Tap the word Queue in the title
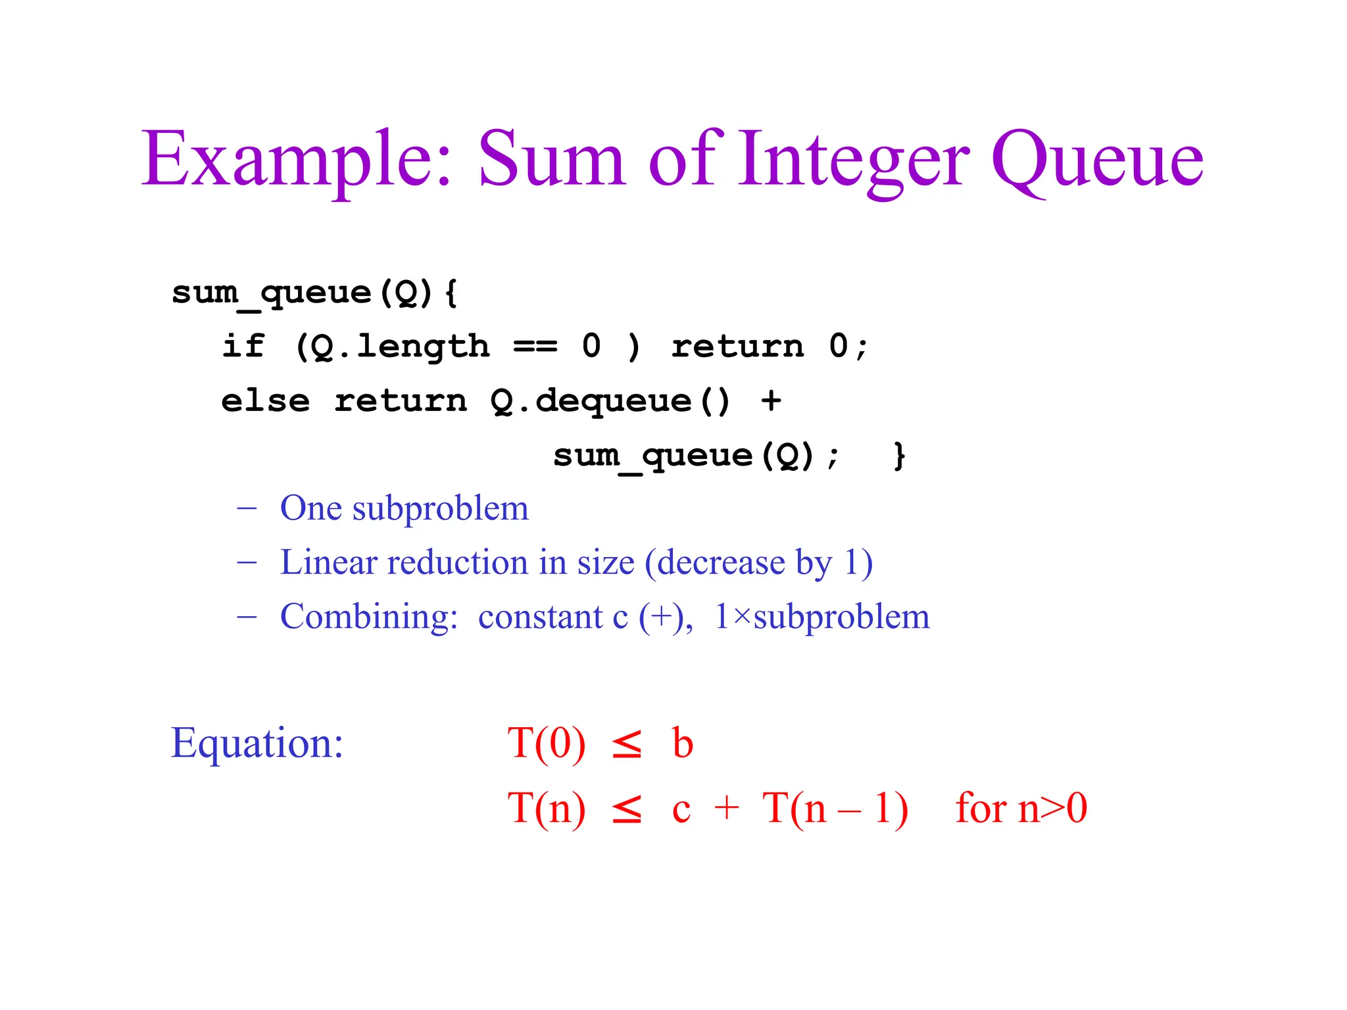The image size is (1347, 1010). coord(1097,160)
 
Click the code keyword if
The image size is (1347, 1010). coord(243,346)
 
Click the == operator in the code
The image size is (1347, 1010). coord(535,346)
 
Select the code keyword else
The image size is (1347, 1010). coord(265,400)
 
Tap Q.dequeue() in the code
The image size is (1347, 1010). coord(610,400)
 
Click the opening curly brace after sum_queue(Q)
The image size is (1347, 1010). coord(451,293)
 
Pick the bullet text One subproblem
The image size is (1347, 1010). coord(404,508)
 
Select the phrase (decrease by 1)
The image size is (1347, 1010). coord(758,563)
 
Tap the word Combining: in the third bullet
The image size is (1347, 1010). coord(369,617)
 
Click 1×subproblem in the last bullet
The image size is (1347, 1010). coord(822,617)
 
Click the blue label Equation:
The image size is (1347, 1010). coord(257,744)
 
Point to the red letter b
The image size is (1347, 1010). coord(683,744)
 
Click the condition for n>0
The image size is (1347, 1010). coord(1021,808)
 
